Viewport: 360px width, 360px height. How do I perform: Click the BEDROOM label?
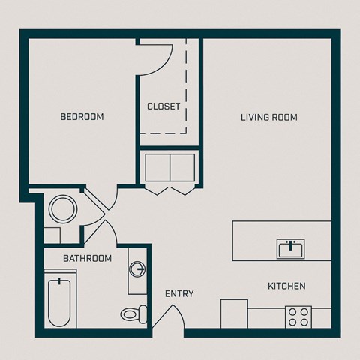pyautogui.click(x=82, y=117)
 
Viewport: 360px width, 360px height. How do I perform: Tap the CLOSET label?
pyautogui.click(x=163, y=106)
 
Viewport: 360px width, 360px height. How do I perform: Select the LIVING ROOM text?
pyautogui.click(x=269, y=117)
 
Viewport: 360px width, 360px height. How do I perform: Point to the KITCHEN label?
pyautogui.click(x=286, y=286)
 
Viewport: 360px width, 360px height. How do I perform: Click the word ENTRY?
pyautogui.click(x=179, y=293)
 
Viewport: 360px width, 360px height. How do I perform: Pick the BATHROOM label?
pyautogui.click(x=87, y=259)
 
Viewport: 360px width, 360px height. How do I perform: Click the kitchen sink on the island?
pyautogui.click(x=289, y=248)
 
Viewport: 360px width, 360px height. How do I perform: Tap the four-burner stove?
pyautogui.click(x=298, y=316)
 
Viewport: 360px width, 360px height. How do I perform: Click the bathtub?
pyautogui.click(x=59, y=301)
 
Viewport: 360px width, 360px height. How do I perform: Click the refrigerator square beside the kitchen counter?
pyautogui.click(x=234, y=313)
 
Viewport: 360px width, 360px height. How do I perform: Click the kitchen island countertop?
pyautogui.click(x=255, y=241)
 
